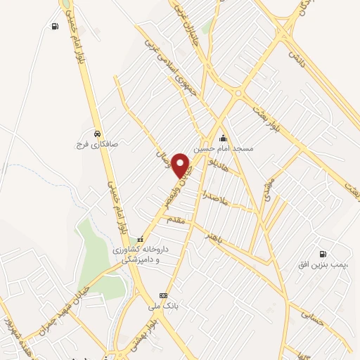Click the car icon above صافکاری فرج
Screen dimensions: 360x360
[96, 134]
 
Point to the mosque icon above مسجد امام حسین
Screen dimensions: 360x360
[224, 137]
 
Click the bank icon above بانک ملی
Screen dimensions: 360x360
[164, 295]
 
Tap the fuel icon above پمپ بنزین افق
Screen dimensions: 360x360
[322, 255]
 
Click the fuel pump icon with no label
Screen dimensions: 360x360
[55, 27]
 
